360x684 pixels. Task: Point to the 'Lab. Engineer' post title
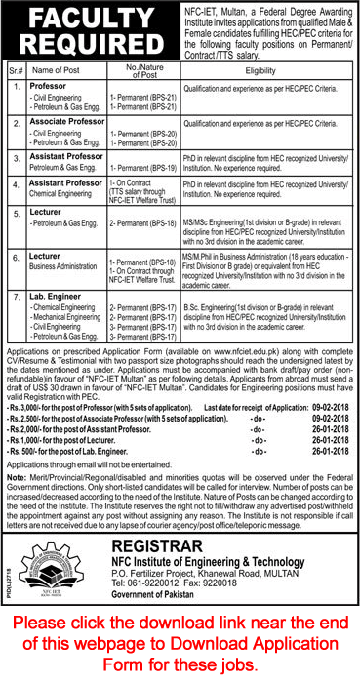tap(54, 294)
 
